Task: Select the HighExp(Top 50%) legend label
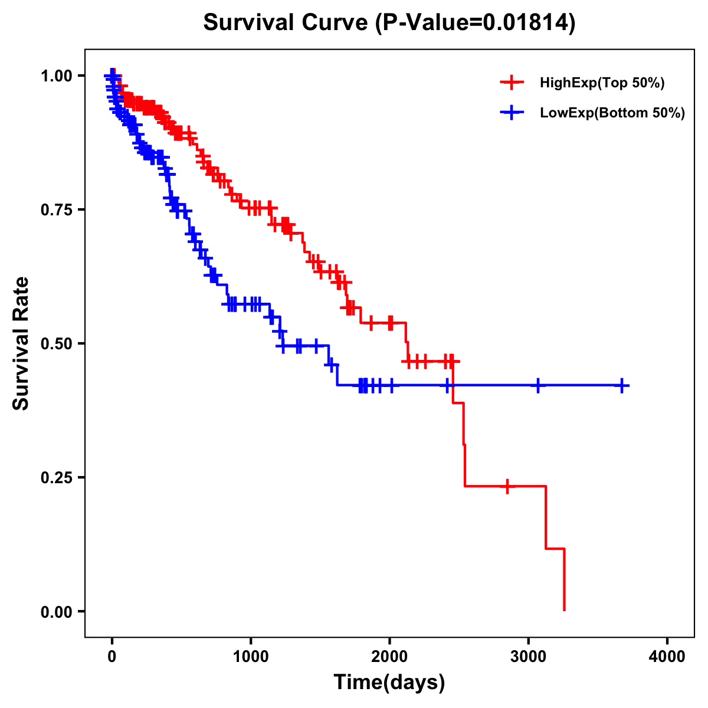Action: point(602,83)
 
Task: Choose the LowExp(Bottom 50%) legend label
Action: point(612,113)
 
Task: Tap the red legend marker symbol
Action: point(512,83)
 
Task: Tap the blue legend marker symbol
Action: point(512,113)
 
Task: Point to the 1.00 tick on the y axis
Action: point(57,76)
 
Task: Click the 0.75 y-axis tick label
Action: point(57,209)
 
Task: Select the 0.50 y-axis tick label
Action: point(57,343)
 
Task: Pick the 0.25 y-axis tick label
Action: point(57,477)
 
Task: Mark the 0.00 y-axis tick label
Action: point(57,611)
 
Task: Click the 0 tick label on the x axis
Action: point(112,656)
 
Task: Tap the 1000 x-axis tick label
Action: point(251,656)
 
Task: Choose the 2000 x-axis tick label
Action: point(389,656)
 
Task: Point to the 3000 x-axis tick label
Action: point(529,656)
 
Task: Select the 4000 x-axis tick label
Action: point(667,656)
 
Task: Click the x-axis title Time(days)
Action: point(389,683)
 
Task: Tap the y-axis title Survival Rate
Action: point(21,343)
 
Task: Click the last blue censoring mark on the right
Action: point(622,385)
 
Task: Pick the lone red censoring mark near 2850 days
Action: point(507,486)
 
